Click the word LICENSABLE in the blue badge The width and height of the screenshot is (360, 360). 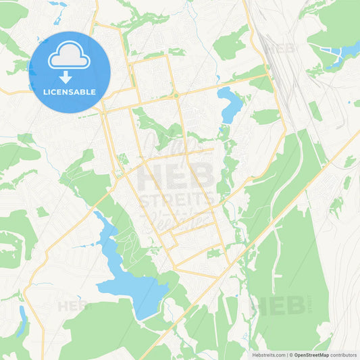point(70,92)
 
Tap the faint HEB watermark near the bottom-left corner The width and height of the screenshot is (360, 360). point(73,306)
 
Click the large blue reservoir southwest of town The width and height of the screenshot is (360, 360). point(135,284)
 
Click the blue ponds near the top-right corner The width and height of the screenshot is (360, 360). point(342,52)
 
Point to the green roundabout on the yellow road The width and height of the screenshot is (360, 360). point(176,95)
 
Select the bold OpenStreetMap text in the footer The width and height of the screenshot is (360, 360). point(311,354)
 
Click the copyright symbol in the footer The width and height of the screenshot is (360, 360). point(290,354)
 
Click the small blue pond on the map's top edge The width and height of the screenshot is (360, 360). point(57,3)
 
